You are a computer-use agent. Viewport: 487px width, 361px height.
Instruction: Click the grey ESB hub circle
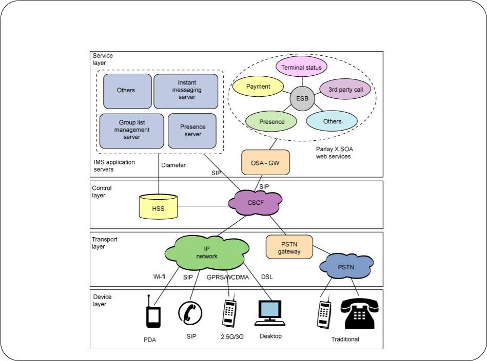(x=302, y=98)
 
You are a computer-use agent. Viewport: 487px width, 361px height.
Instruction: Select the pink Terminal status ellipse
(x=301, y=67)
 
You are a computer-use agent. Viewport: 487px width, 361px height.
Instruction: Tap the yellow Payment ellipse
(x=258, y=87)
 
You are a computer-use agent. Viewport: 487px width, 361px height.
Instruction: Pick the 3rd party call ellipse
(x=345, y=89)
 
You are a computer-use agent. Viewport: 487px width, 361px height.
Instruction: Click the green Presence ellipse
(x=271, y=121)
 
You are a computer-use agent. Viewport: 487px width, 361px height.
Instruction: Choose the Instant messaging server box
(x=186, y=92)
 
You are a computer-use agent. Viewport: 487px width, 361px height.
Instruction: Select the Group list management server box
(x=132, y=131)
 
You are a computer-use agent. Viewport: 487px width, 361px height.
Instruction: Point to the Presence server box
(x=192, y=131)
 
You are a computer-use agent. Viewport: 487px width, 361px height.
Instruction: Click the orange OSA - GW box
(x=265, y=162)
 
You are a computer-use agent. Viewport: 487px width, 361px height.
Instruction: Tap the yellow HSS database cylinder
(x=158, y=206)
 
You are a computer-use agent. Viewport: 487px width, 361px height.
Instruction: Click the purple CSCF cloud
(x=255, y=203)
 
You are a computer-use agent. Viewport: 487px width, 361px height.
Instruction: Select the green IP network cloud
(x=206, y=252)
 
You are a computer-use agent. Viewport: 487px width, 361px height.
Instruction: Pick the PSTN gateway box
(x=289, y=247)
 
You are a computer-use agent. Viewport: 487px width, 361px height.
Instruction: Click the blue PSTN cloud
(x=346, y=266)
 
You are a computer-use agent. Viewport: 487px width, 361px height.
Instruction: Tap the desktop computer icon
(x=270, y=313)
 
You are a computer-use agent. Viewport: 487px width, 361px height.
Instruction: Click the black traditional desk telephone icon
(x=360, y=313)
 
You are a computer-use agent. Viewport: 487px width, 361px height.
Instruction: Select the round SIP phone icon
(x=190, y=313)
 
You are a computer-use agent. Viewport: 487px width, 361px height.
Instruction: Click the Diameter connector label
(x=173, y=165)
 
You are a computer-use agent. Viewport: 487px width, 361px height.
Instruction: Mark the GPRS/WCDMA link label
(x=228, y=277)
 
